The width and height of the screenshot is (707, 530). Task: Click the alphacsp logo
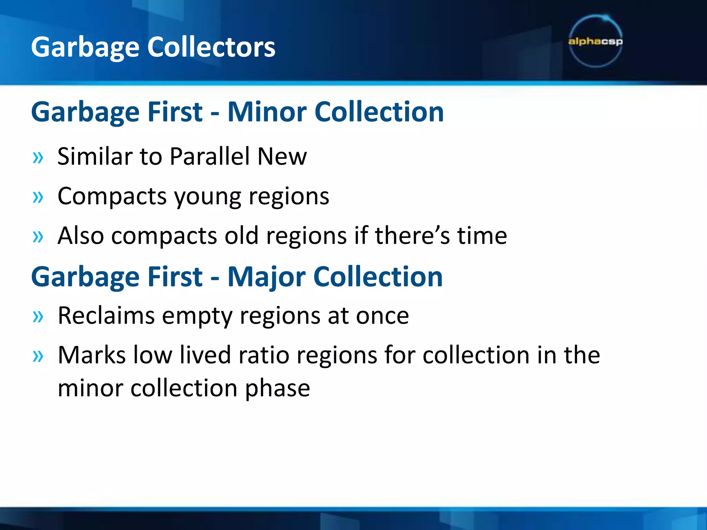595,41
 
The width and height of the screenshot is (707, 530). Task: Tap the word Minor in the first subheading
267,112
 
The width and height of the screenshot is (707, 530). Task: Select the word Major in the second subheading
266,277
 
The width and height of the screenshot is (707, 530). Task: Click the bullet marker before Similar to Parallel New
38,158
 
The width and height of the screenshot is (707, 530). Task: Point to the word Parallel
210,156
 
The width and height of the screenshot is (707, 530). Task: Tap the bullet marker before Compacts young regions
38,197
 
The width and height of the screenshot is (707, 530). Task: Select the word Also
81,236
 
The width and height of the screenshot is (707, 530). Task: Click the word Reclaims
106,315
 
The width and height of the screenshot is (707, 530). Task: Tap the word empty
197,316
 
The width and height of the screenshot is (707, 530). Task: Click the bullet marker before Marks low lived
38,356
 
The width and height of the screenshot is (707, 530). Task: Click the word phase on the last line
277,389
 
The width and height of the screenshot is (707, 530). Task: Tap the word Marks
91,355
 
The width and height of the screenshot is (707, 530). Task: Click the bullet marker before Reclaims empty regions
38,316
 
